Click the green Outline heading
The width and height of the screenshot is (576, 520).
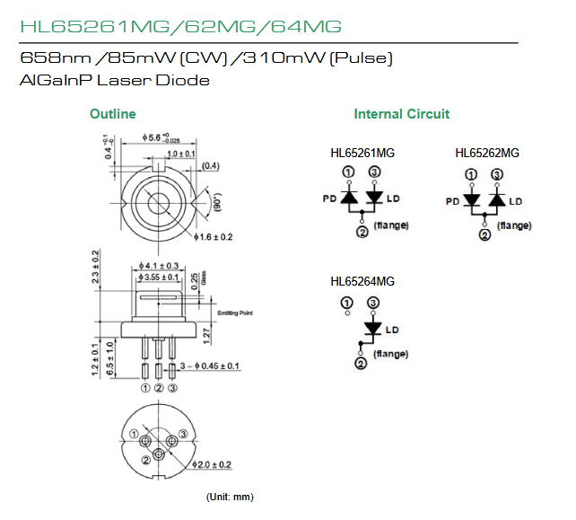[x=113, y=114]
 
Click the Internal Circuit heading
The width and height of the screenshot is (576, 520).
[x=402, y=114]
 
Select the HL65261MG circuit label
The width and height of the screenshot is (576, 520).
[x=362, y=153]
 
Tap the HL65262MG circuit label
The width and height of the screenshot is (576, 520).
[x=487, y=153]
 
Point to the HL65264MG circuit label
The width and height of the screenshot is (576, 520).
[x=362, y=281]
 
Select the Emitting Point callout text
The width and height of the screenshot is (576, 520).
[x=236, y=313]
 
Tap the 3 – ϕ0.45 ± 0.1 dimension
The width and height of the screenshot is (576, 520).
[x=209, y=366]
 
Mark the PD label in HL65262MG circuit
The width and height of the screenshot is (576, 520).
[x=452, y=202]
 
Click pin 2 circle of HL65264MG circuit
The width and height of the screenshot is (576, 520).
[x=361, y=365]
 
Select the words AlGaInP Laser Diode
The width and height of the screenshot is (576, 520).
[x=114, y=81]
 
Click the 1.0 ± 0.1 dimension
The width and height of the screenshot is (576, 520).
[x=180, y=154]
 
